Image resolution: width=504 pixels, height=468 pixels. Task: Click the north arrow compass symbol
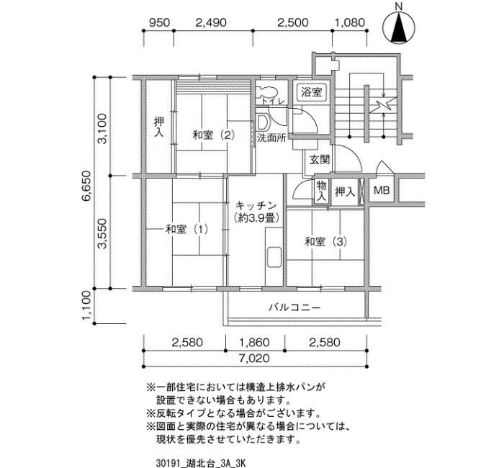[399, 28]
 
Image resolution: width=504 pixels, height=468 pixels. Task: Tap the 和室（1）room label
[187, 230]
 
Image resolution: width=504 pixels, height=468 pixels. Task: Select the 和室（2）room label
[214, 135]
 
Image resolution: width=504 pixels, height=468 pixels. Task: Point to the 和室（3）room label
[326, 242]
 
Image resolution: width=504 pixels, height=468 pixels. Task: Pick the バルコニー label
[294, 308]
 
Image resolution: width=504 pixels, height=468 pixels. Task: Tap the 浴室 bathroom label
[312, 93]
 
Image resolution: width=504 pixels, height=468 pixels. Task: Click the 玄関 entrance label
[320, 160]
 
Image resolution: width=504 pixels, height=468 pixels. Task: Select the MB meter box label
[382, 190]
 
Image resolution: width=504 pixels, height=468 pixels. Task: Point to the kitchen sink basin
[274, 257]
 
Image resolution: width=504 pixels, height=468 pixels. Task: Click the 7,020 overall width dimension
[254, 358]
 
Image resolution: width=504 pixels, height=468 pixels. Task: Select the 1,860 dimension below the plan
[255, 343]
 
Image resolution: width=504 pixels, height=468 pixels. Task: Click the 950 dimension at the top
[159, 22]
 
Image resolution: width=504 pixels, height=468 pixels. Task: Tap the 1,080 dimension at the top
[350, 22]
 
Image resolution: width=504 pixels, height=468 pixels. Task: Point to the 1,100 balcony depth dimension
[87, 306]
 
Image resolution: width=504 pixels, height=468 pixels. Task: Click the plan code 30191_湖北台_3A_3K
[201, 463]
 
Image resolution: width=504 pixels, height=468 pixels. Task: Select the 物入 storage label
[322, 191]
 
